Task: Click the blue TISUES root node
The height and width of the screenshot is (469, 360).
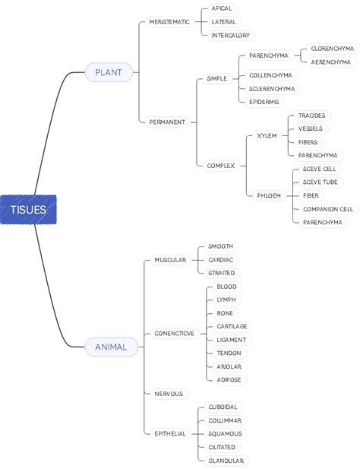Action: [28, 210]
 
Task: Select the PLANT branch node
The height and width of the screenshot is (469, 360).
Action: [109, 72]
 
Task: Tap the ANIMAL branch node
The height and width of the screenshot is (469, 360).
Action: [111, 347]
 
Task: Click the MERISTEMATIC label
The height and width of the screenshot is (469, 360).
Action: [169, 22]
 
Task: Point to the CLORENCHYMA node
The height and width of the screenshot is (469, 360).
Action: [332, 49]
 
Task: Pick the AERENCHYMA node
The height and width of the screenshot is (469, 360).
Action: [330, 62]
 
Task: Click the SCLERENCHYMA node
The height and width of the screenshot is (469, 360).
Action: [272, 88]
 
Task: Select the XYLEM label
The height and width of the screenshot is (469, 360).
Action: [267, 135]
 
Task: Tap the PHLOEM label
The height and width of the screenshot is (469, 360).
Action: [269, 195]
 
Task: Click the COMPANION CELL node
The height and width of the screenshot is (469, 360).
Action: [327, 209]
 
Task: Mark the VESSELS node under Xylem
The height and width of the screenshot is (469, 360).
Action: [310, 128]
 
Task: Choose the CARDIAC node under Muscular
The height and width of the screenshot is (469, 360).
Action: [221, 259]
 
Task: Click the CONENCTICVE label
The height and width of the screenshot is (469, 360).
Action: [174, 333]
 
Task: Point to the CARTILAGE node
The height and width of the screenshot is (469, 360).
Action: [232, 326]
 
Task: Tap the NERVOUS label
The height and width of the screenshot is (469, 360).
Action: [169, 394]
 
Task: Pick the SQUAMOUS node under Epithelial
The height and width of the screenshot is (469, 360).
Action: [225, 433]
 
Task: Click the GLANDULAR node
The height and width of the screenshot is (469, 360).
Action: [226, 461]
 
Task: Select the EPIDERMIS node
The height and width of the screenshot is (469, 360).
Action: [264, 102]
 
